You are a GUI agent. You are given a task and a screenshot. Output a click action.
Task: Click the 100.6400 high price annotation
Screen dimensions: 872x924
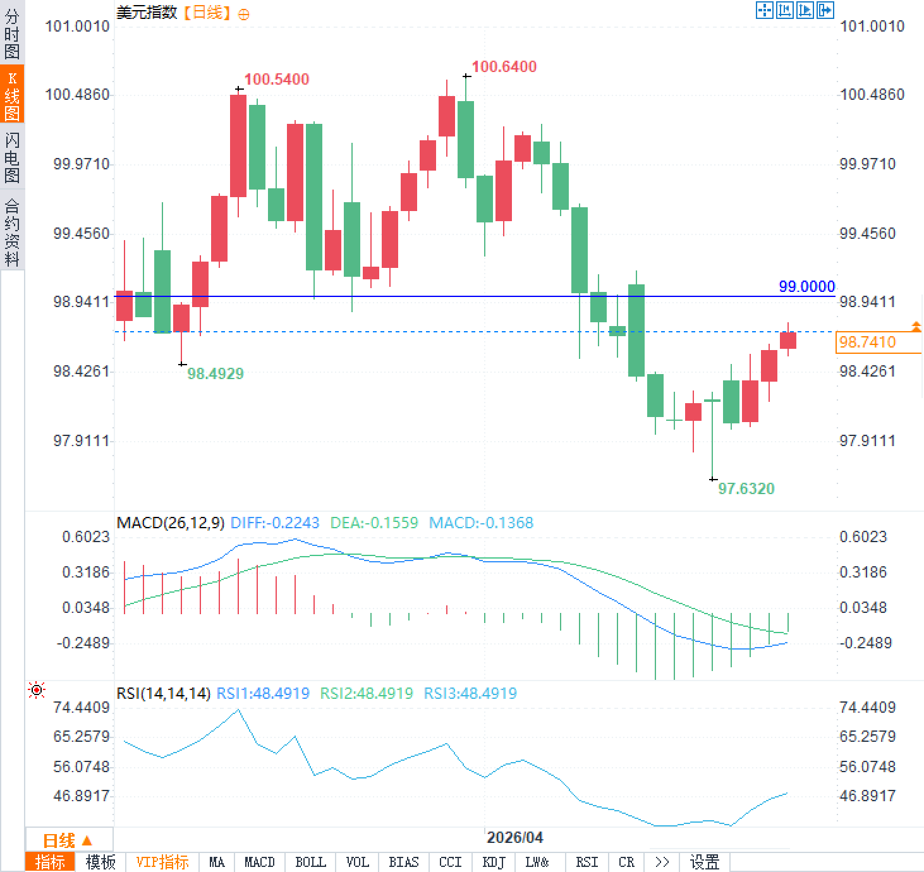504,66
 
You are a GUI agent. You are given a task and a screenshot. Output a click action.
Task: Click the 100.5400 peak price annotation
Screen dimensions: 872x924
276,79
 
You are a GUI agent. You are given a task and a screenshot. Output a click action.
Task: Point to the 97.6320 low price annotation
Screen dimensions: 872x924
746,488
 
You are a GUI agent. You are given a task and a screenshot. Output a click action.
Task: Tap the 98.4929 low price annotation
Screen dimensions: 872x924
215,373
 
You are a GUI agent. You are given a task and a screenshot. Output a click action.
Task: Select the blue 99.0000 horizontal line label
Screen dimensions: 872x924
806,286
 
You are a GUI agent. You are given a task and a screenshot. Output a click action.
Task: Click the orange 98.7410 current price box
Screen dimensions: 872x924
867,342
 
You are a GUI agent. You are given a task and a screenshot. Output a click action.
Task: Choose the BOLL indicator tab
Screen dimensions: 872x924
310,862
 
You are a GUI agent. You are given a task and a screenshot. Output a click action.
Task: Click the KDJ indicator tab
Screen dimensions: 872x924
494,862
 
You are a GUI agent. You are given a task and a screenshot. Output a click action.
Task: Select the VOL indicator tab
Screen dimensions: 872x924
357,862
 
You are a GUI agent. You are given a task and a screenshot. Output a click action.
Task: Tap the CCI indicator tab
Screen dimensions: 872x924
450,862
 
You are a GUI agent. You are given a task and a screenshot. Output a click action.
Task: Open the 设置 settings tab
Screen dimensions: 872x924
704,862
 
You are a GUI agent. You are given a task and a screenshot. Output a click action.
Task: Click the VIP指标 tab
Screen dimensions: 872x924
162,862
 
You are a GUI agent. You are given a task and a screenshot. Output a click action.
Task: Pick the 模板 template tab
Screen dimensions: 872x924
100,862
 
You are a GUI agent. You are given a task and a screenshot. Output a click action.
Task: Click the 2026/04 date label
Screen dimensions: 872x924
514,837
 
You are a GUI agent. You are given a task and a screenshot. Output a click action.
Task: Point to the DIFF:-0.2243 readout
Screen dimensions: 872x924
274,523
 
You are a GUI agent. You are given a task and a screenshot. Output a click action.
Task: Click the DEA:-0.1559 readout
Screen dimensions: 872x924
374,523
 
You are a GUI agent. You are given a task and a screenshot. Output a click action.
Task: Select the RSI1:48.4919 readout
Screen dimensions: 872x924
263,693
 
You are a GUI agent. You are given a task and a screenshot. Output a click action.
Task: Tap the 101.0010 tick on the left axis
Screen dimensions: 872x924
77,26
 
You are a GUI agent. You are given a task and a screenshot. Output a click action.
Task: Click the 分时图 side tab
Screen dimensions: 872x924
12,33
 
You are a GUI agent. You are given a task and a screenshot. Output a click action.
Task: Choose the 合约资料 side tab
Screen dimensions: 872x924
12,232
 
